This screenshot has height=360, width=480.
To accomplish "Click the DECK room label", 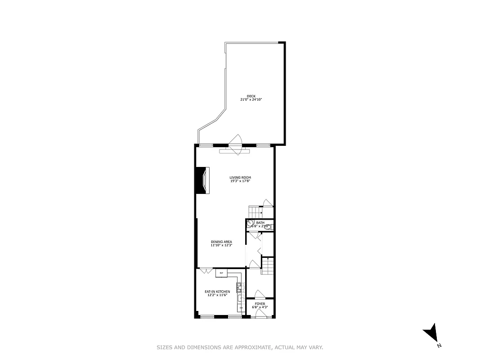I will [x=251, y=96].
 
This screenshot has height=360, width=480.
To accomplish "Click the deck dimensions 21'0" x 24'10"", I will [x=251, y=99].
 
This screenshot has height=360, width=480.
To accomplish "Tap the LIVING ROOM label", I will [x=240, y=177].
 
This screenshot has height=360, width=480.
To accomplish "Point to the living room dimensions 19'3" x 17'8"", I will [x=240, y=181].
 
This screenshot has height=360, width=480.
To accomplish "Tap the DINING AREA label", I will [x=221, y=242].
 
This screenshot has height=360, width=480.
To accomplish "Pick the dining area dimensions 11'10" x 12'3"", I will [x=221, y=245].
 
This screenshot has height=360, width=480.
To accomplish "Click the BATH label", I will [x=260, y=222].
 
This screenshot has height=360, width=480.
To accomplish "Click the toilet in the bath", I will [x=269, y=227].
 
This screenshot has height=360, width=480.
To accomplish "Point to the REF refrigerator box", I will [x=221, y=273].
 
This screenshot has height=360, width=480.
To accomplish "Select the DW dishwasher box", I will [x=241, y=308].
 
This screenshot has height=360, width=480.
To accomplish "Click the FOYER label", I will [x=260, y=304].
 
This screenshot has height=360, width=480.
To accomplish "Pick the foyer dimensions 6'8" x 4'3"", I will [x=260, y=307].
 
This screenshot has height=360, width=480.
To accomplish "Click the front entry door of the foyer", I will [x=260, y=316].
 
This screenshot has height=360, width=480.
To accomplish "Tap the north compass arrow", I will [x=431, y=333].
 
